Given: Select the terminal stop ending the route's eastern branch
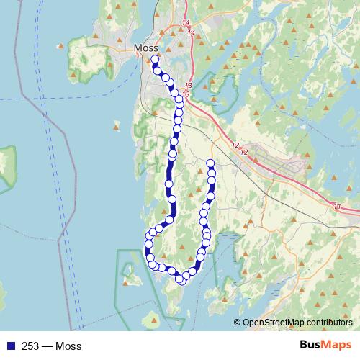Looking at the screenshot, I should [x=210, y=163].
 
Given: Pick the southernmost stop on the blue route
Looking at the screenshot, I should [x=180, y=279].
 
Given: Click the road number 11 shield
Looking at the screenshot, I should [x=338, y=207].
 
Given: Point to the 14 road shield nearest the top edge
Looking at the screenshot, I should [x=186, y=24].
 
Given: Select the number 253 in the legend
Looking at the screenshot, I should [x=31, y=346].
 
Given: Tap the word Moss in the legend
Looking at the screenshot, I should [x=68, y=346].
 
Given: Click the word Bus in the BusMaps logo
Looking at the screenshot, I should [x=311, y=346].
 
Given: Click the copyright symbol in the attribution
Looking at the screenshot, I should [x=238, y=323].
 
